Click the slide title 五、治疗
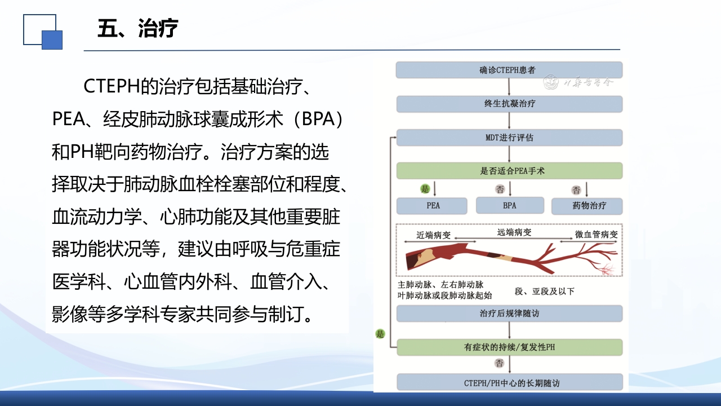[137, 28]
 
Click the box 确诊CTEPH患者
[509, 70]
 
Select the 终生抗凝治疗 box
[509, 104]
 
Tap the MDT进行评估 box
[509, 138]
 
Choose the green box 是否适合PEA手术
[509, 171]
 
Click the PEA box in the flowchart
[433, 206]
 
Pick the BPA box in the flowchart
[509, 206]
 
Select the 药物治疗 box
[586, 206]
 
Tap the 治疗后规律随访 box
[509, 314]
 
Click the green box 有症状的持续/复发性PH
[509, 347]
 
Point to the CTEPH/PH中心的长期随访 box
[509, 383]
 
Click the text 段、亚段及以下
[544, 292]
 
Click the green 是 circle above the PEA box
[425, 188]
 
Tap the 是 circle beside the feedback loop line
[380, 334]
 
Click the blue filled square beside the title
[52, 39]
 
